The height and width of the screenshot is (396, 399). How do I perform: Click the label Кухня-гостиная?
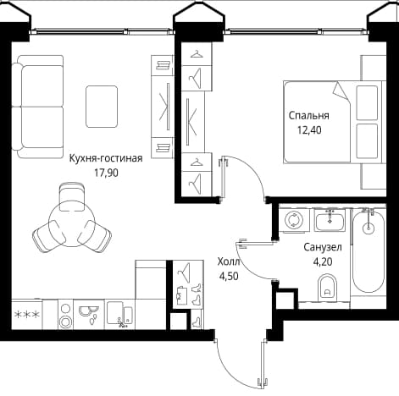pos(106,158)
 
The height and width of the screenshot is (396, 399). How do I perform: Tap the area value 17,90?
pos(106,173)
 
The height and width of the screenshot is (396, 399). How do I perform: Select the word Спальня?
pos(309,116)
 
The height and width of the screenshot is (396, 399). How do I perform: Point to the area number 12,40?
pos(309,130)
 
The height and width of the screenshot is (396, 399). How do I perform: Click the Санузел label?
pos(323,247)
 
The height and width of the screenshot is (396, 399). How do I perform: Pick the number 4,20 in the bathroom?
pos(323,262)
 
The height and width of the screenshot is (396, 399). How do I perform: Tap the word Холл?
pos(229,261)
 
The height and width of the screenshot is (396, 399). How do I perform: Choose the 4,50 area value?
pos(229,277)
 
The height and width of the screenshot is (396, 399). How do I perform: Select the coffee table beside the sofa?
pos(102,107)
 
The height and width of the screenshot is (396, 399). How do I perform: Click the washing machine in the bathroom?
pos(294,220)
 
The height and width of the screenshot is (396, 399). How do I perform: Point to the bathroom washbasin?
pos(330,221)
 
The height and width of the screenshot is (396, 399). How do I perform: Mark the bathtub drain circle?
pos(369,228)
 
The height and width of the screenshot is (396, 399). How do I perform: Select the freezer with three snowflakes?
pos(27,314)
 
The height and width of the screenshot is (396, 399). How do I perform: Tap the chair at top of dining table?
pos(72,196)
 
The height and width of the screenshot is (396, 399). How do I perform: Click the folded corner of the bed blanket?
pos(341,91)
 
